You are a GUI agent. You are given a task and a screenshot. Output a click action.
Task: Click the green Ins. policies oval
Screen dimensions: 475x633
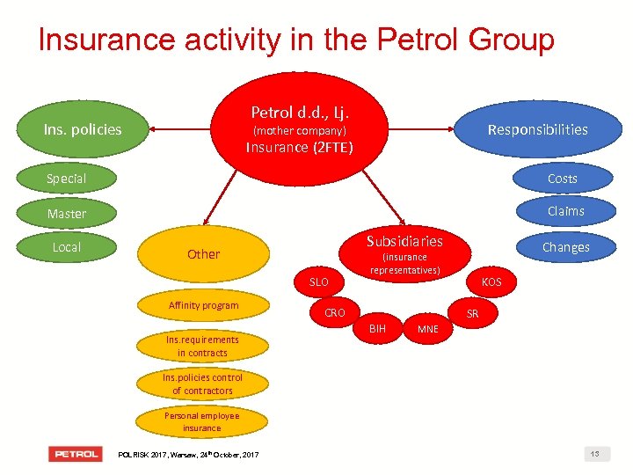tap(83, 130)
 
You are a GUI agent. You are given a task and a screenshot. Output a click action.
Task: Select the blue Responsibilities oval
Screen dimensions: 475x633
tap(537, 130)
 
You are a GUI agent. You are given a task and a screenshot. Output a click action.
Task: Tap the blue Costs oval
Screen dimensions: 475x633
tap(562, 179)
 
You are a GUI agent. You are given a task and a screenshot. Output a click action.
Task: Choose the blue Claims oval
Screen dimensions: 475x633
tap(565, 211)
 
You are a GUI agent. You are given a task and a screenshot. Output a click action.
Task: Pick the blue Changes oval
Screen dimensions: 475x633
tap(565, 247)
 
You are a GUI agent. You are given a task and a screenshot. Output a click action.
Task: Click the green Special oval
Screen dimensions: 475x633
tap(67, 179)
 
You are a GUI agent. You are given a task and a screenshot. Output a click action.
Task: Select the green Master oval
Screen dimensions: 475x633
tap(67, 214)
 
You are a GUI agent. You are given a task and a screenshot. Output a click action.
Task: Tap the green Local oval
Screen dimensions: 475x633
tap(67, 247)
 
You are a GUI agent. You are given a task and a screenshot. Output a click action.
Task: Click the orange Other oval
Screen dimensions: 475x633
tap(203, 254)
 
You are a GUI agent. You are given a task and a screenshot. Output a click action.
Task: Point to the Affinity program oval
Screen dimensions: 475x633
tap(203, 305)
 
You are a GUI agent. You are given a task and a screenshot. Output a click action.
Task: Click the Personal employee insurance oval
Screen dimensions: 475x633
tap(202, 421)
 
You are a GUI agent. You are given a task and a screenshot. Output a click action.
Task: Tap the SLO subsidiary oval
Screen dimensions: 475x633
tap(318, 282)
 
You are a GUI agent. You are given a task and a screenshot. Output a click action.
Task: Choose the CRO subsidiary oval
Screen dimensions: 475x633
tap(335, 312)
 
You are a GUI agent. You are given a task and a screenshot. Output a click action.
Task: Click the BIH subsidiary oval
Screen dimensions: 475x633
tap(377, 328)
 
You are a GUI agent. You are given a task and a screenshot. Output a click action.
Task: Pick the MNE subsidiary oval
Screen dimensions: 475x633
tap(427, 329)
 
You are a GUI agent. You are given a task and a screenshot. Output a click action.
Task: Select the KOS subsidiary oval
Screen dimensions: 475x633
tap(491, 282)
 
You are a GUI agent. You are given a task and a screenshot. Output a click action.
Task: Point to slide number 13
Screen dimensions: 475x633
tap(595, 454)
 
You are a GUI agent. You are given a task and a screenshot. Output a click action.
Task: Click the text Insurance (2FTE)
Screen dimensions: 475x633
tap(299, 147)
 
